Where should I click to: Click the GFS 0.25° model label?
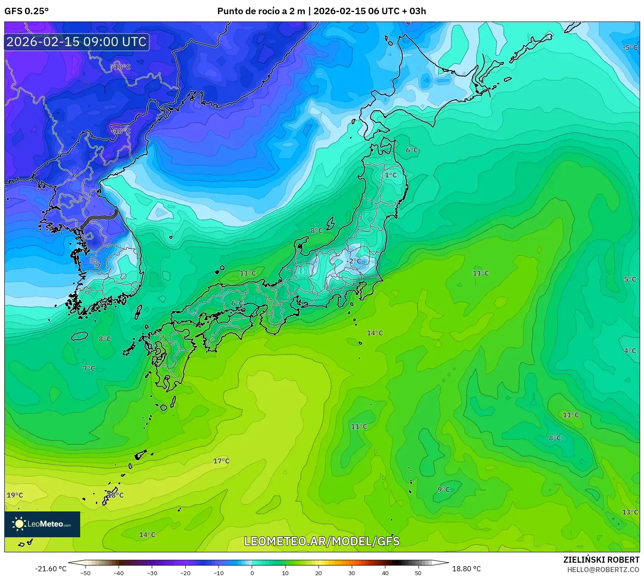[26, 11]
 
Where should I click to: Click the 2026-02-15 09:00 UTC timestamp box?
[77, 42]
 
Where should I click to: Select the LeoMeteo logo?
[42, 524]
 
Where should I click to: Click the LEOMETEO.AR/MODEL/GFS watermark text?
[322, 541]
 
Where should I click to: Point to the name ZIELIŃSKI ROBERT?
[601, 560]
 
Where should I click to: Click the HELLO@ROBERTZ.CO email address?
[603, 570]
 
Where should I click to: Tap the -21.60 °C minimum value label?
[51, 569]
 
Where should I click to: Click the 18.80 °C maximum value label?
[466, 569]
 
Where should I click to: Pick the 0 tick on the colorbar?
[252, 573]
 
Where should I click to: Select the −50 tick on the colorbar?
[85, 573]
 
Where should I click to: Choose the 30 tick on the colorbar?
[352, 573]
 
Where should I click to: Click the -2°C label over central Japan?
[354, 261]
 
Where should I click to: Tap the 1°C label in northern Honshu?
[391, 175]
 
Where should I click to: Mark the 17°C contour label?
[221, 461]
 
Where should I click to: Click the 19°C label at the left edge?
[15, 495]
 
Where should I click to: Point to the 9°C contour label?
[444, 489]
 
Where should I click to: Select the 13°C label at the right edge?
[630, 512]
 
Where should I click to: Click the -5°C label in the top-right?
[630, 47]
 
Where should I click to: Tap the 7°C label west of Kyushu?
[89, 369]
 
